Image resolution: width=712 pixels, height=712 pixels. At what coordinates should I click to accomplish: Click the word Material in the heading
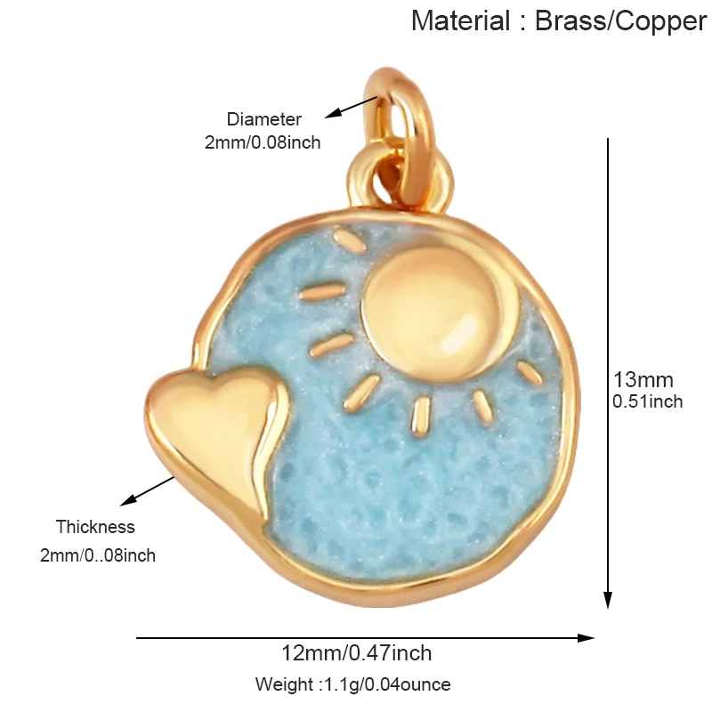click(x=460, y=20)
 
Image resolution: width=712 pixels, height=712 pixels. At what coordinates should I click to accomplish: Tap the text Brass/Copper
click(x=620, y=21)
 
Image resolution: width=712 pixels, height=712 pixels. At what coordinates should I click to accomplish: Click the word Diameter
click(x=263, y=119)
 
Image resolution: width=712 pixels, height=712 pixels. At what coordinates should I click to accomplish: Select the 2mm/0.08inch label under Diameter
click(x=263, y=142)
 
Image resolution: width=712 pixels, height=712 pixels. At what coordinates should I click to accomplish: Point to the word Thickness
click(x=95, y=527)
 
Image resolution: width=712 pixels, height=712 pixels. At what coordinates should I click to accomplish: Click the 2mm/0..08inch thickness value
click(x=98, y=555)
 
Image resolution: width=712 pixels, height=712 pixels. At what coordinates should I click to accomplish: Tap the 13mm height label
click(x=643, y=380)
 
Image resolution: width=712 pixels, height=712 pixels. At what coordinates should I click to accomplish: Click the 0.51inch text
click(x=648, y=401)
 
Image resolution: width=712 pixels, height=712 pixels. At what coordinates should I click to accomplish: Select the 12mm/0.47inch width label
click(x=357, y=653)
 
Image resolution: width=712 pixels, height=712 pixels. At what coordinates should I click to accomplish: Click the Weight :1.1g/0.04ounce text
click(x=352, y=684)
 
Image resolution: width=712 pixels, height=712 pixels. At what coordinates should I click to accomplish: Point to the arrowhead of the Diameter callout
click(x=332, y=114)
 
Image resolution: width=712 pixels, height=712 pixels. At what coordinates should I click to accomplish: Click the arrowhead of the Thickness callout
click(x=128, y=500)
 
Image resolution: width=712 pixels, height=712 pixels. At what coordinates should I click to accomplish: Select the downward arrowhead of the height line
click(x=608, y=599)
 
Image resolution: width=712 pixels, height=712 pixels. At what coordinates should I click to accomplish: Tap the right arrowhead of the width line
click(x=586, y=637)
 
